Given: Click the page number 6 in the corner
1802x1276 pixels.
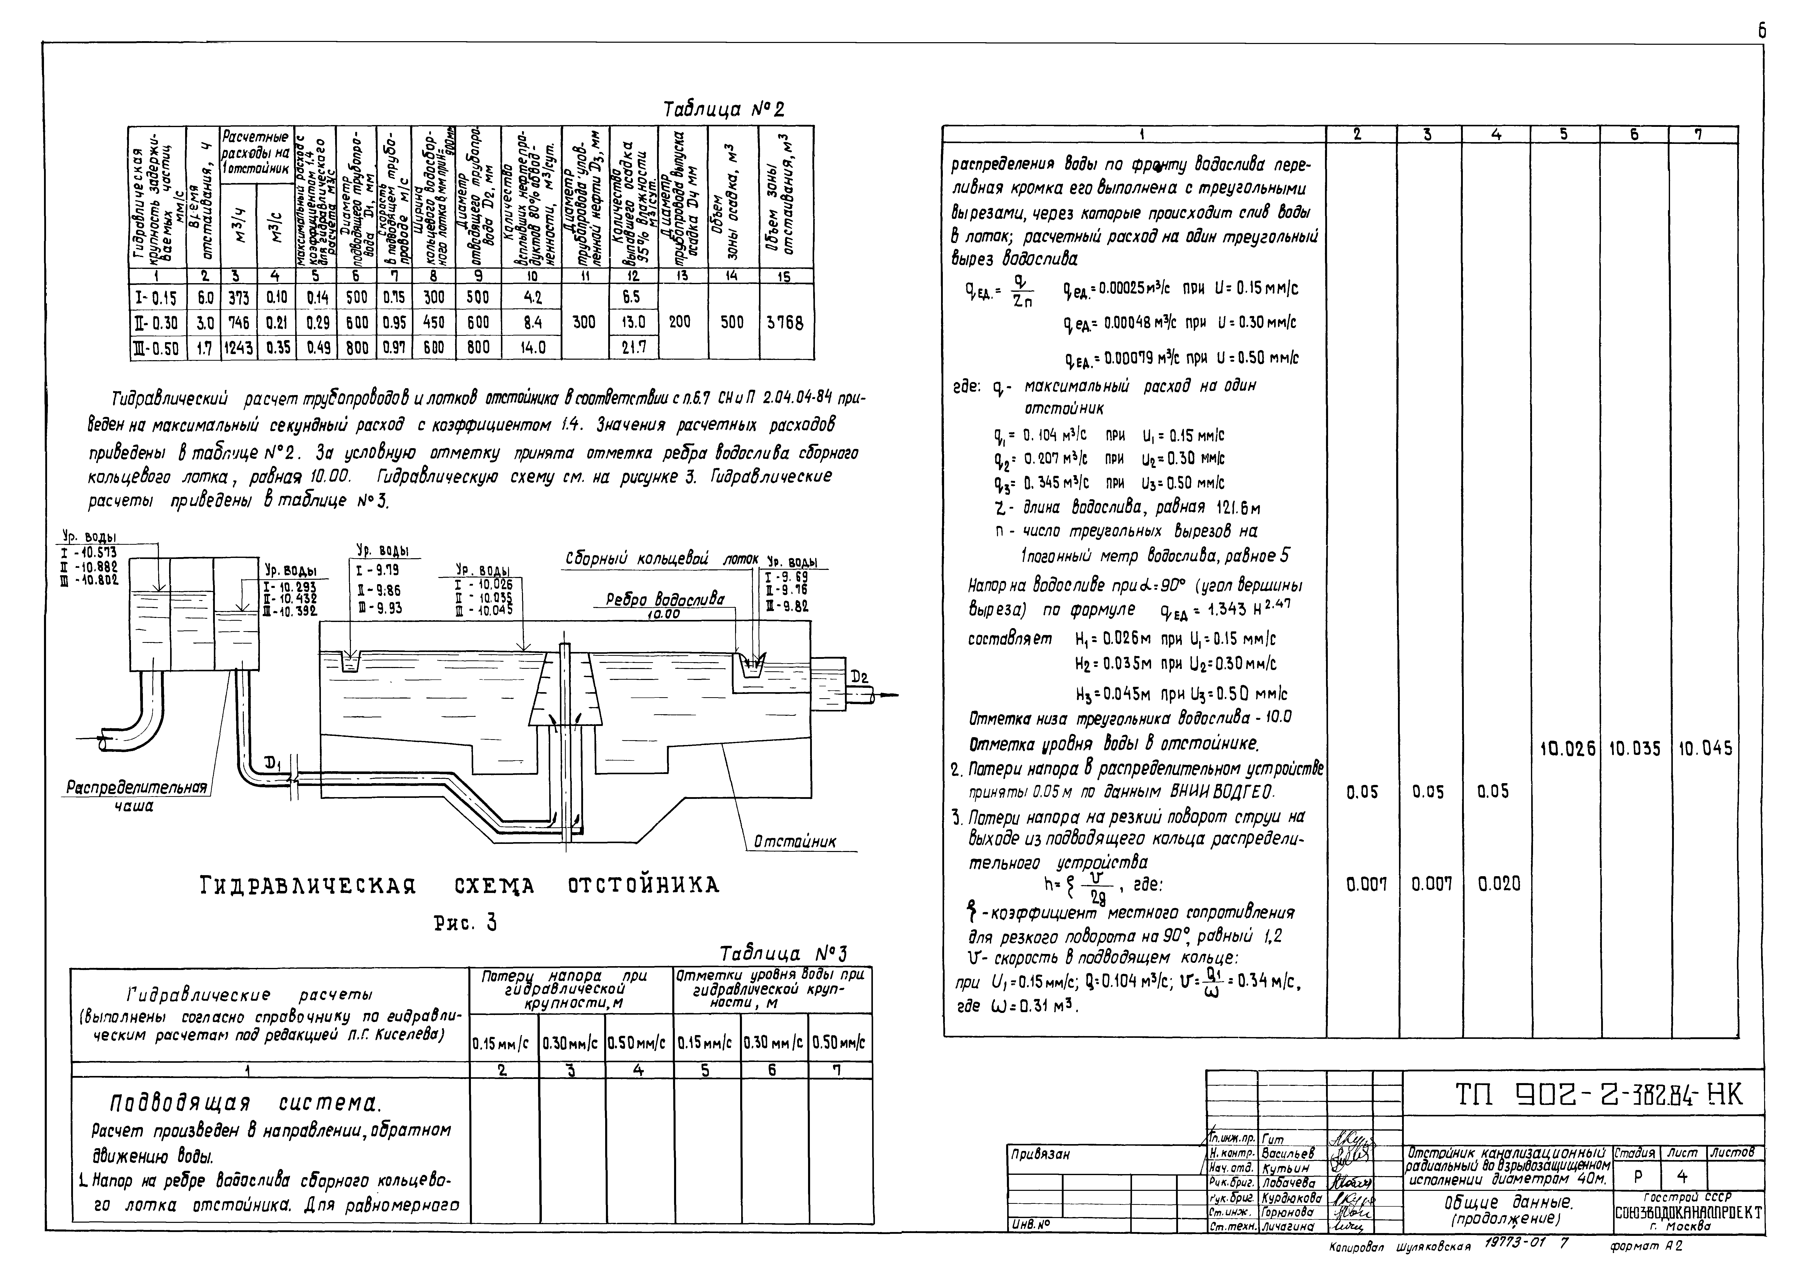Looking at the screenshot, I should tap(1762, 32).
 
